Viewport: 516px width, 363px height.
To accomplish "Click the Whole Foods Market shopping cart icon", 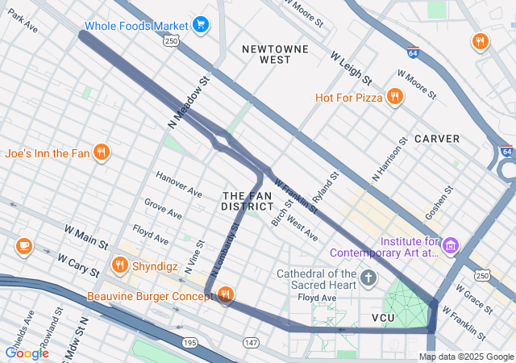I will (x=201, y=25).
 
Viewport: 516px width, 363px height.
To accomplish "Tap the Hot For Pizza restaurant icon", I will (x=394, y=98).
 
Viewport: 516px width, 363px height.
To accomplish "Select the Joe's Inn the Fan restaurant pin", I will (x=101, y=152).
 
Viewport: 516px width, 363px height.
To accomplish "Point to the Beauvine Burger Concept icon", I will (x=225, y=296).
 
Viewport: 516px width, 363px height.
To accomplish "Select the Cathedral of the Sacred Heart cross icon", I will (x=368, y=279).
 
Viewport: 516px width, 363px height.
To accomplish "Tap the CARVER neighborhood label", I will (x=437, y=139).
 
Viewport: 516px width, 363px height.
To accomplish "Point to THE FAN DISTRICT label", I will (x=247, y=202).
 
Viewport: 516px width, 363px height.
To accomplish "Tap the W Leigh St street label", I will (x=351, y=69).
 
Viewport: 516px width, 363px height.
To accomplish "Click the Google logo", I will (x=27, y=353).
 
